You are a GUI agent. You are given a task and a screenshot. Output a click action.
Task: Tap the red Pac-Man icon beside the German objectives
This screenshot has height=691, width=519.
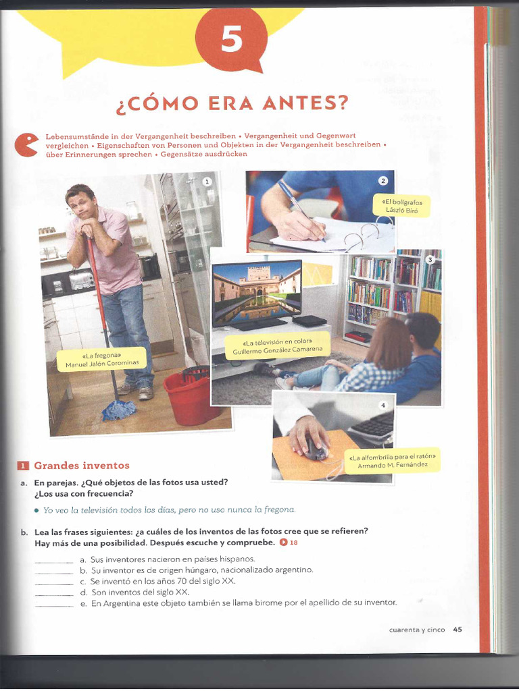26,144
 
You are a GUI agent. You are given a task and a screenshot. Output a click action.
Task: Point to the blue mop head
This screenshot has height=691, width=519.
119,410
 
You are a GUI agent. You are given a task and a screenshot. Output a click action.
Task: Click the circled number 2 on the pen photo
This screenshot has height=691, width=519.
382,180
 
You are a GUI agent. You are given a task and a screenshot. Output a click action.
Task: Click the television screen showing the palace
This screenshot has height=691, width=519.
257,288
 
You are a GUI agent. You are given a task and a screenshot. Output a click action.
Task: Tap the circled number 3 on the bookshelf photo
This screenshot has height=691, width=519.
430,260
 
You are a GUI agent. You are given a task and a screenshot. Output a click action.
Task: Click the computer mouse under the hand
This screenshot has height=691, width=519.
315,447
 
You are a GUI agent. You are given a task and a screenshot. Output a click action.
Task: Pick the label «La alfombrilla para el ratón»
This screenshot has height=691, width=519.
391,460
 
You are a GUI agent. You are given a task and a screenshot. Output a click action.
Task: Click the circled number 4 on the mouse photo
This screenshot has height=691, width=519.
382,405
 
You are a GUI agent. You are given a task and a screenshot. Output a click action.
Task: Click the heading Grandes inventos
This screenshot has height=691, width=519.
81,466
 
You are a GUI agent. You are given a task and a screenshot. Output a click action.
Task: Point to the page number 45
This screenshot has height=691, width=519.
458,630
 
